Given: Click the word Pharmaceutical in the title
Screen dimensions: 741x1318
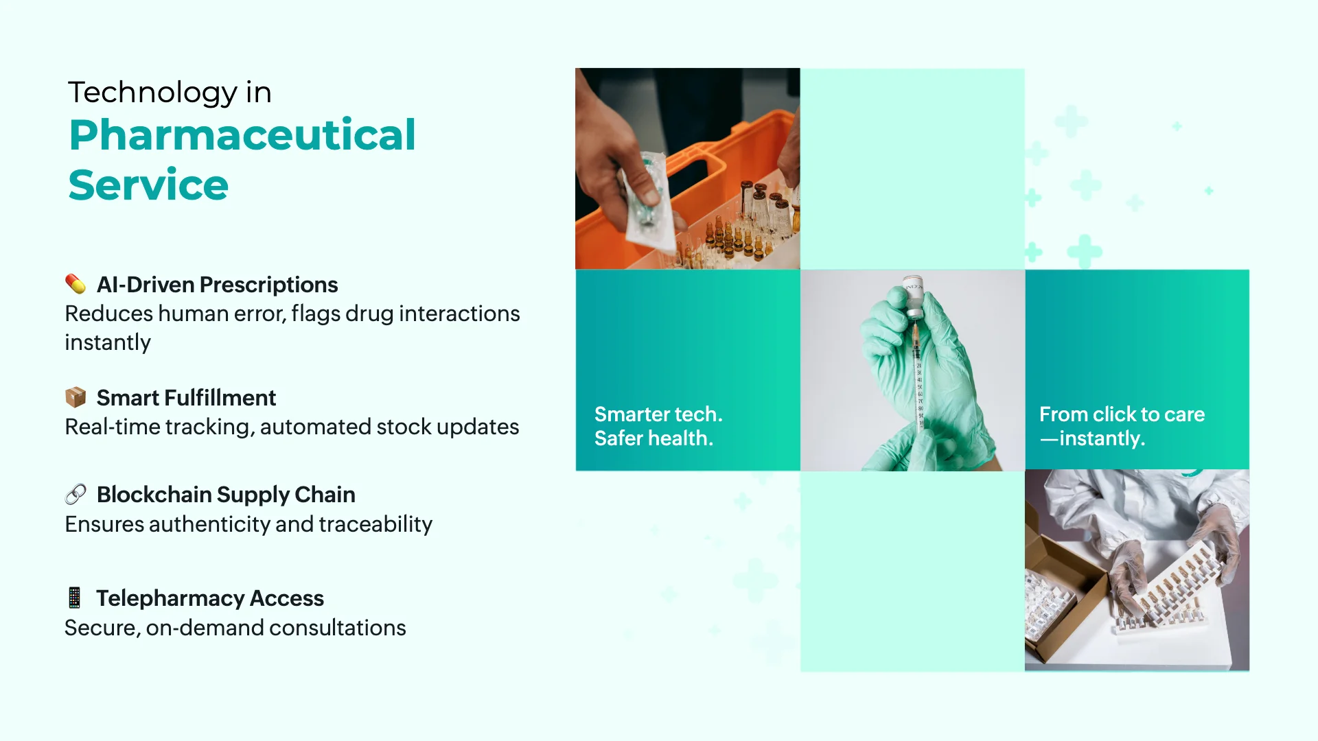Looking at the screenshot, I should click(242, 135).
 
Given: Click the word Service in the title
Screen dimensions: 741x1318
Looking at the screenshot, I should click(148, 185).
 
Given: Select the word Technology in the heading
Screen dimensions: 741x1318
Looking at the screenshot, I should click(152, 93).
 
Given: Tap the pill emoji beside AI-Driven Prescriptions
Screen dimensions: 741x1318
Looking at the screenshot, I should click(76, 284).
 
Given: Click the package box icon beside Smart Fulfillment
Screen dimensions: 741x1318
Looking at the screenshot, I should click(76, 397).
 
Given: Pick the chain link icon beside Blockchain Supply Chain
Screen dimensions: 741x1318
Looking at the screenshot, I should click(76, 494).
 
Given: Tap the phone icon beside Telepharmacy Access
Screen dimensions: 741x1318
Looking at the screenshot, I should click(75, 598).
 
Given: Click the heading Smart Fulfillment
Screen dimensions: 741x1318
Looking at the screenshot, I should click(186, 398).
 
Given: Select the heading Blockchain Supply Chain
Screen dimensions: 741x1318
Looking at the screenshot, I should click(226, 495).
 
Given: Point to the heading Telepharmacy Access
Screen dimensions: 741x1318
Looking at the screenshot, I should click(209, 598).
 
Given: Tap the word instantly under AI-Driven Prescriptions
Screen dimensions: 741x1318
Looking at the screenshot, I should click(108, 342).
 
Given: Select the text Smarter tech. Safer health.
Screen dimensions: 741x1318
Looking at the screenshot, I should click(658, 426).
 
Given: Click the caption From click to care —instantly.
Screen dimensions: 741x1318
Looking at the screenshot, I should click(1121, 426).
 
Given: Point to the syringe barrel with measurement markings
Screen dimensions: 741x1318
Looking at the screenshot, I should click(918, 384).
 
